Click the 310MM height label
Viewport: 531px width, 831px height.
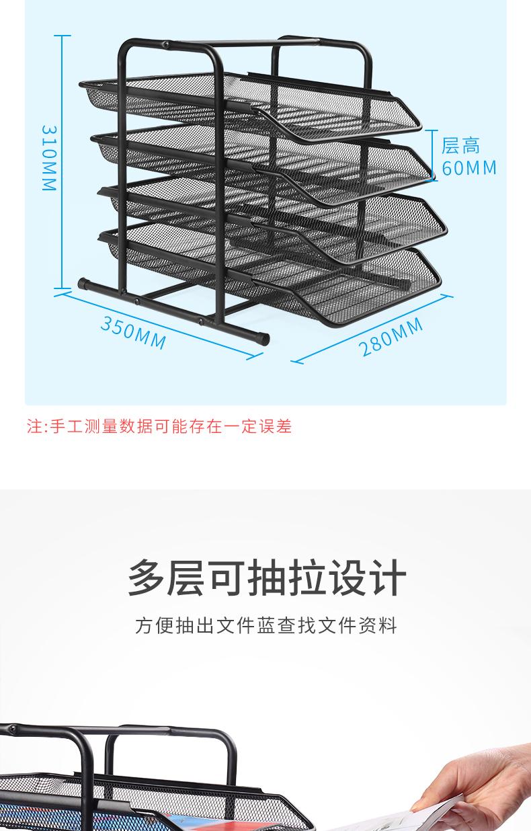coord(49,158)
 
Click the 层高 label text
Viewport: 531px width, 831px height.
coord(461,145)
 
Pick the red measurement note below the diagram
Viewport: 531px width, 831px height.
coord(159,426)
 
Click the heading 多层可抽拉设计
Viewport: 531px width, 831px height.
coord(266,578)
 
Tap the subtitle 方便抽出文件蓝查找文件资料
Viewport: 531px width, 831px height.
coord(266,626)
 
